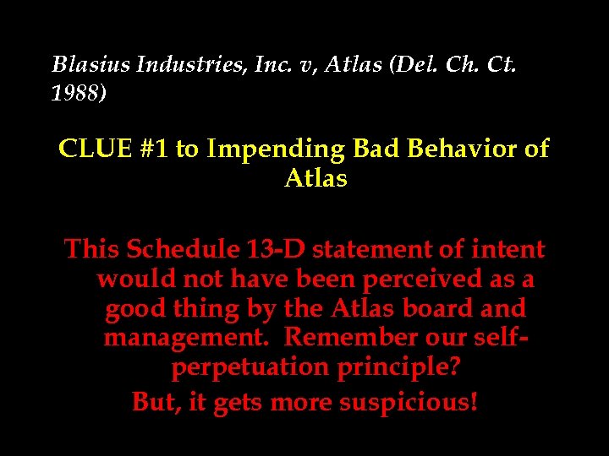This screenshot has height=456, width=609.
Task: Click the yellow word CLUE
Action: (91, 149)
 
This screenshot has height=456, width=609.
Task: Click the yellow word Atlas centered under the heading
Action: (315, 179)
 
